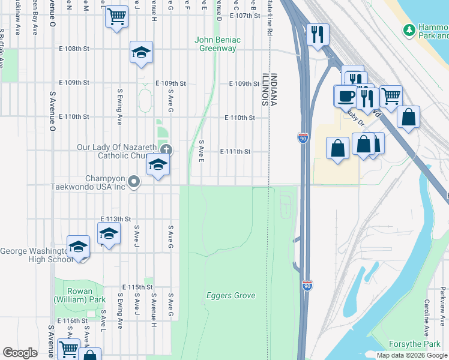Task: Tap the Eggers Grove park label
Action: pos(231,295)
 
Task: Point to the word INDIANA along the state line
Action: pos(274,90)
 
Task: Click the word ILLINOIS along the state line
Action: pos(264,90)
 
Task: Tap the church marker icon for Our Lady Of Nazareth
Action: pos(166,149)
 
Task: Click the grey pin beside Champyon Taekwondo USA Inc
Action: pos(134,181)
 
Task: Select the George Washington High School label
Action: pos(36,255)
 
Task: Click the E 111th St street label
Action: pos(235,151)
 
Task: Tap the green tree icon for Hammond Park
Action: pos(409,29)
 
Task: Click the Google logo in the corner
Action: pos(20,353)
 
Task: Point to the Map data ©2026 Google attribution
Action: pos(412,355)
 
